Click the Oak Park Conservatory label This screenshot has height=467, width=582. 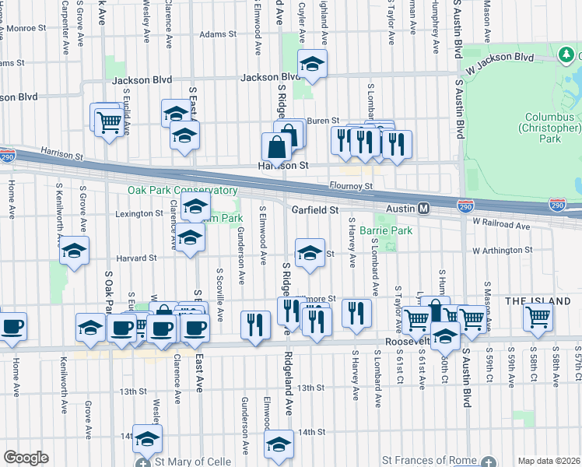(x=183, y=190)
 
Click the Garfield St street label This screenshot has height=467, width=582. (x=315, y=209)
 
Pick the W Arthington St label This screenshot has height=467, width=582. (x=501, y=251)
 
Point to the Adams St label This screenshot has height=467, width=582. (x=217, y=34)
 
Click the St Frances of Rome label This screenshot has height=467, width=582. (x=432, y=461)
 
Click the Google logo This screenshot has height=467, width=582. (x=26, y=458)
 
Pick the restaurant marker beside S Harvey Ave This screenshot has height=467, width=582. (x=356, y=313)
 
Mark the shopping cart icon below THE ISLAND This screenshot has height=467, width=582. (x=538, y=317)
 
